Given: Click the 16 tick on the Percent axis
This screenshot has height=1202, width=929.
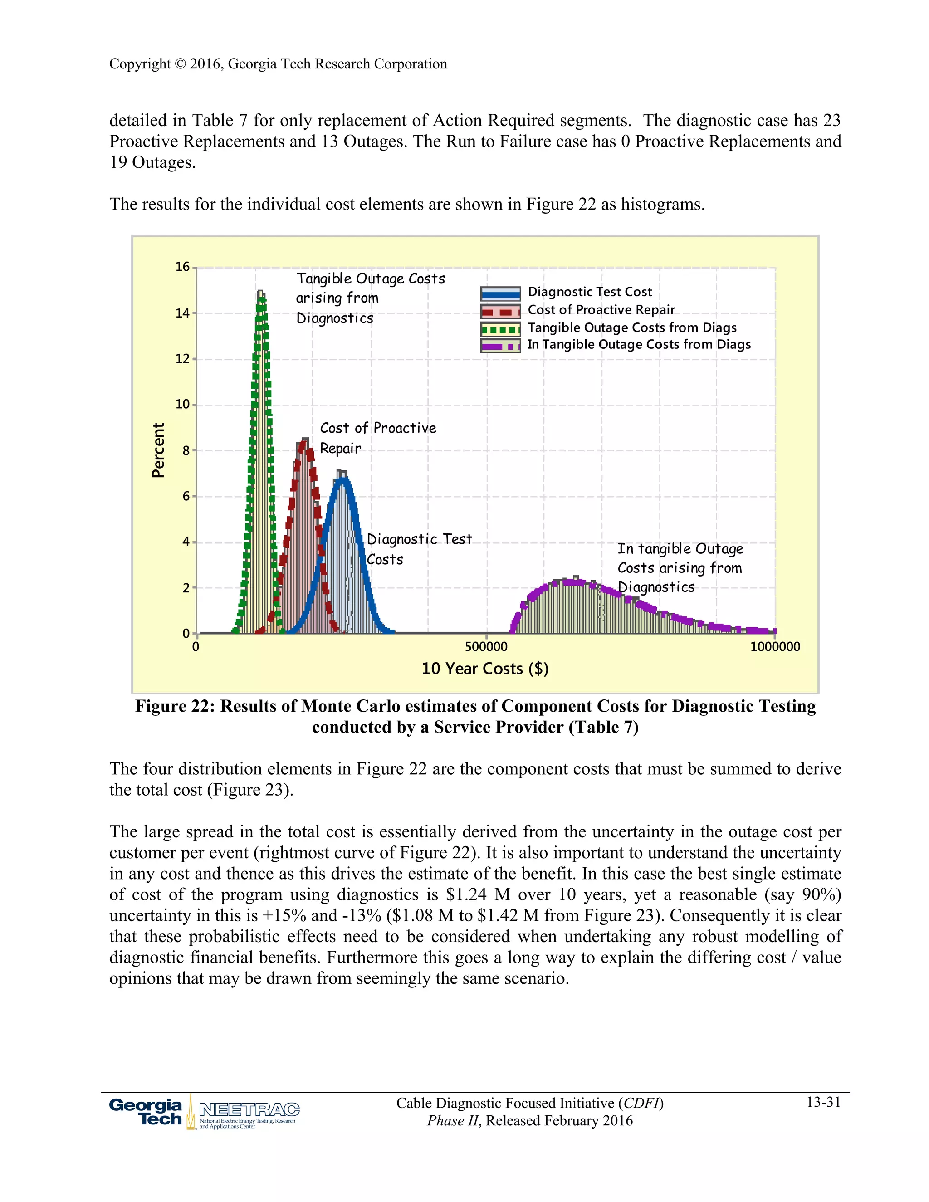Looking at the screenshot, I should point(183,267).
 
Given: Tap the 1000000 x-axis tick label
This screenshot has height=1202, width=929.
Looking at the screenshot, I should point(774,647).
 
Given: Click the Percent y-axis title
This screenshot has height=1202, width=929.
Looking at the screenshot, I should point(158,450).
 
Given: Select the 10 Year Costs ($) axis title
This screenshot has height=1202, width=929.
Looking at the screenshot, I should point(485,669).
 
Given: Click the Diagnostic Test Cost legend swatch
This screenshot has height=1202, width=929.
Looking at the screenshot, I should point(500,293).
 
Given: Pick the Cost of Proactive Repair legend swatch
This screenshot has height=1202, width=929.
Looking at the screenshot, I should point(500,312).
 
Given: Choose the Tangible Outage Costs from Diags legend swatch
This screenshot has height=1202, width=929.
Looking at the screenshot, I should point(500,329).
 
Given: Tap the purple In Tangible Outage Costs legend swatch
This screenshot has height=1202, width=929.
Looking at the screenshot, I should point(500,346).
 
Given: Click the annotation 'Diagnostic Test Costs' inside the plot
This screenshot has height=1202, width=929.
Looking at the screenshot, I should point(419,549).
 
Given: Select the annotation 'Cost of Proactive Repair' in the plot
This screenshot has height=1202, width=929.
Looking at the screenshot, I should point(377,438).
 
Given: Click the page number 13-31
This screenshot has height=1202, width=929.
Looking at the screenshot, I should point(823,1102).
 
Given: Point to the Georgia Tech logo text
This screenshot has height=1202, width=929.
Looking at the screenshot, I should point(146,1112).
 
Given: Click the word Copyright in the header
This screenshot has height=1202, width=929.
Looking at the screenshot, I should point(140,64).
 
